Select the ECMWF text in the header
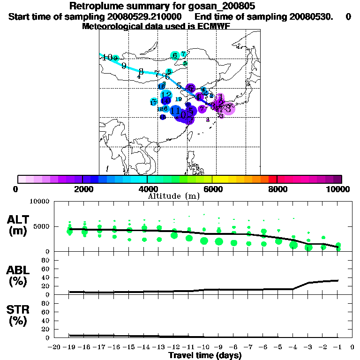[213, 26]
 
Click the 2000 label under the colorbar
[82, 189]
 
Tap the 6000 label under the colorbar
[212, 189]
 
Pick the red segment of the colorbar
[272, 179]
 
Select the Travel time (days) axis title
[205, 356]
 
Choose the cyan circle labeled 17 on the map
[154, 102]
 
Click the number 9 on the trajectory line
[124, 66]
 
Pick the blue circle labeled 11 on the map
[175, 111]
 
